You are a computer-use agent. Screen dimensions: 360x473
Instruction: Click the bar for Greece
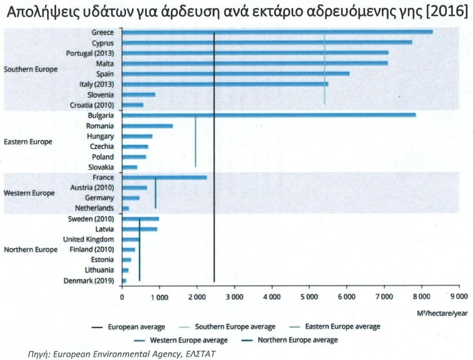[277, 32]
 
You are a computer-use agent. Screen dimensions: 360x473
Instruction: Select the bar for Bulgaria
[269, 115]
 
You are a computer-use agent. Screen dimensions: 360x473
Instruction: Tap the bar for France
[164, 177]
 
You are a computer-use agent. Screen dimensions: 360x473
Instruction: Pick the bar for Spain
[235, 73]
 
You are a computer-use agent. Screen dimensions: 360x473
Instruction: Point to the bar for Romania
[147, 126]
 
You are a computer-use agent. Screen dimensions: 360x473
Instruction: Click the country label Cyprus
[103, 43]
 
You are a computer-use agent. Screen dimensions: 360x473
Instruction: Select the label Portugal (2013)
[90, 53]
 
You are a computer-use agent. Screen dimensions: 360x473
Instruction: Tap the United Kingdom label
[88, 239]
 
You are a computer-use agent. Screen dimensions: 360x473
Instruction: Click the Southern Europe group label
[31, 70]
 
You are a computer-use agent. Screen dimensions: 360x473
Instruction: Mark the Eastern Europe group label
[28, 142]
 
